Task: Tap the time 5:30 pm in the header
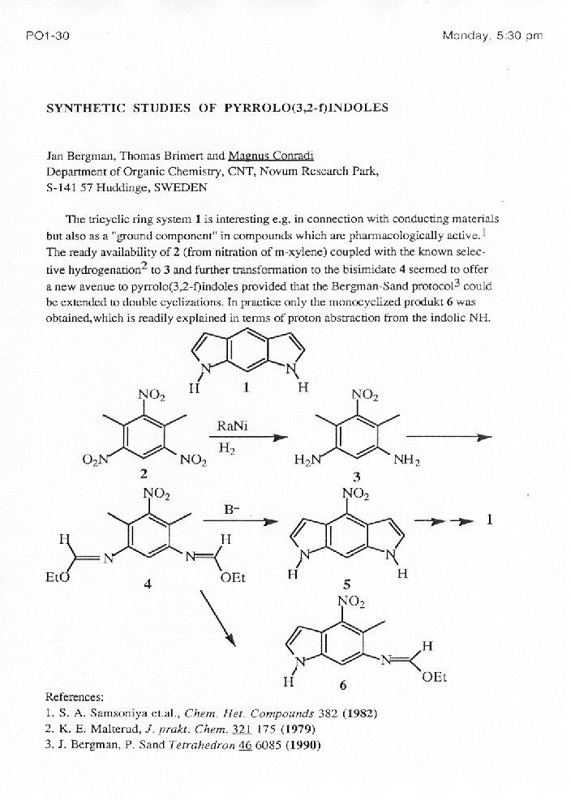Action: [521, 36]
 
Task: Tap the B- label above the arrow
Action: [231, 510]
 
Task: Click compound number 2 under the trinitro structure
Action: [144, 473]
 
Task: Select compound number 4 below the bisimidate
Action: [148, 583]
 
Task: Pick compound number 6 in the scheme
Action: [343, 686]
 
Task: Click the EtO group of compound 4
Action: [57, 577]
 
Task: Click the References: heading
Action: [75, 696]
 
